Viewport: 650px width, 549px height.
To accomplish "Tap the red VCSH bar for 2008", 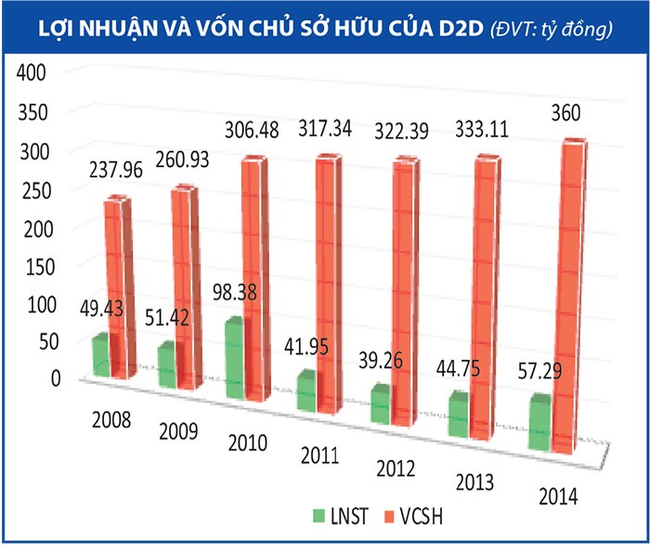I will (x=118, y=287).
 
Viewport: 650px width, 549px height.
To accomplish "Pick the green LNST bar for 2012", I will (x=378, y=404).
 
